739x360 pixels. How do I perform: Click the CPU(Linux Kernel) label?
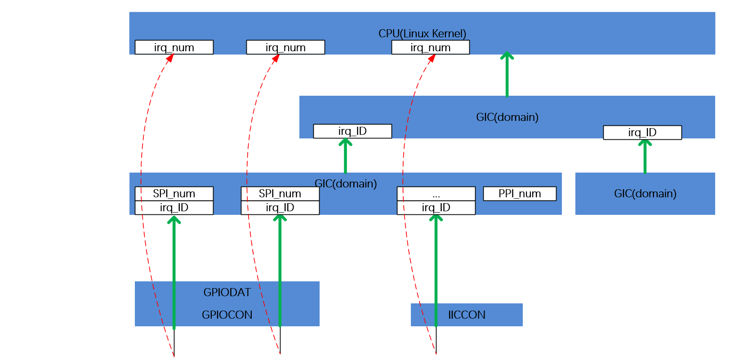coord(422,34)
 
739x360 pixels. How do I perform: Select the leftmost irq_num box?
coord(174,47)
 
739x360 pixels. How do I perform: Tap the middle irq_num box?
coord(285,47)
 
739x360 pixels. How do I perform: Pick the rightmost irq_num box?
coord(430,47)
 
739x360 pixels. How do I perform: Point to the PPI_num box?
coord(520,194)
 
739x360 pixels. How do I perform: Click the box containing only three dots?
coord(436,194)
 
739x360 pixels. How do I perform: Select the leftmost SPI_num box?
coord(174,194)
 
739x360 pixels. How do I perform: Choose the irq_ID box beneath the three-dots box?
coord(436,208)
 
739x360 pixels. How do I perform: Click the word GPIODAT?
coord(227,293)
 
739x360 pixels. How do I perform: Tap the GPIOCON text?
coord(227,315)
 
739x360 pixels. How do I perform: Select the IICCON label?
coord(467,315)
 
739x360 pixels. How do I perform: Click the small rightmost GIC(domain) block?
coord(645,194)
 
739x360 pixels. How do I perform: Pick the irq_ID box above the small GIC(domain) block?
coord(642,133)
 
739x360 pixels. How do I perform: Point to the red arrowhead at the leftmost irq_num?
coord(170,58)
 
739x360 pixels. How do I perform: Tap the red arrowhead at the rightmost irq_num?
coord(432,58)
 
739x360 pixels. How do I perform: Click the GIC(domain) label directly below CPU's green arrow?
coord(507,117)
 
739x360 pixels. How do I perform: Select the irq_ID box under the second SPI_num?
coord(280,208)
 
